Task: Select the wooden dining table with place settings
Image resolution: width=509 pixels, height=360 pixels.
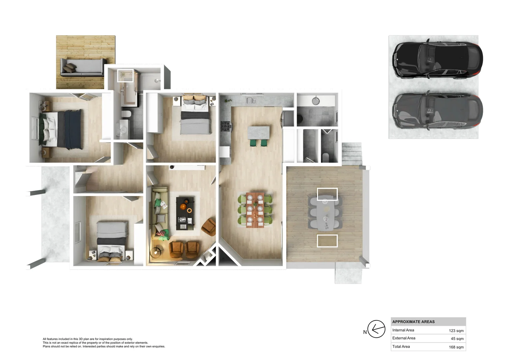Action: (255, 210)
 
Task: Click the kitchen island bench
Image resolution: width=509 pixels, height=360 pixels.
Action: (258, 132)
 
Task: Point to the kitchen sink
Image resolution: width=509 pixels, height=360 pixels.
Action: (251, 100)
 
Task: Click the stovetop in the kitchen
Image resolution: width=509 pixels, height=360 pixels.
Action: (226, 127)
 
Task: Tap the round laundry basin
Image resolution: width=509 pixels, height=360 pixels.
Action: (315, 101)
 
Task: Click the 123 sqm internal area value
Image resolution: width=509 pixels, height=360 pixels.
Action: (456, 331)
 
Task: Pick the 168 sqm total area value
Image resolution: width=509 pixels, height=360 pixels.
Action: (456, 347)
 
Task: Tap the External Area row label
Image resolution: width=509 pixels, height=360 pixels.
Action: (404, 338)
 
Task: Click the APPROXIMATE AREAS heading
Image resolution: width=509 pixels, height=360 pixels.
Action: (413, 322)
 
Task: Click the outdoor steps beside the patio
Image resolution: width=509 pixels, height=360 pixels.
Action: (351, 153)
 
